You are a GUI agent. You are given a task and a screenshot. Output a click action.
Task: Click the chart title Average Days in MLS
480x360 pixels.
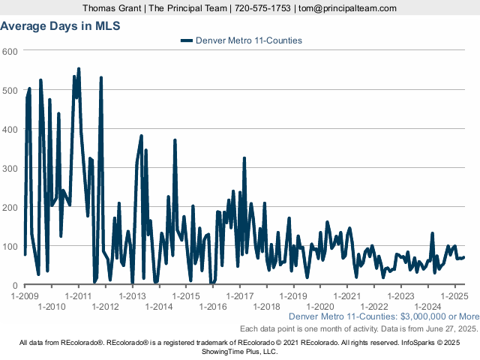(x=60, y=25)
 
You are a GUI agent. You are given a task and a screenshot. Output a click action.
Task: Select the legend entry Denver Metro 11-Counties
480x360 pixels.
(x=248, y=40)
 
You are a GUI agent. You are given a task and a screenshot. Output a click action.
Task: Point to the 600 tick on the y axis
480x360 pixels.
(x=10, y=51)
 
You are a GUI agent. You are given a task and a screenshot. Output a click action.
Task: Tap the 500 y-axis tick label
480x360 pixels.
(x=10, y=90)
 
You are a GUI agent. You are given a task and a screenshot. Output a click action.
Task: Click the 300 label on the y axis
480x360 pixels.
(x=10, y=168)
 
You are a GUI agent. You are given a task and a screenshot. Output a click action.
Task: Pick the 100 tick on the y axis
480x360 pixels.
(x=10, y=246)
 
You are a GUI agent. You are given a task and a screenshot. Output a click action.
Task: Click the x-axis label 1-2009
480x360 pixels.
(x=25, y=295)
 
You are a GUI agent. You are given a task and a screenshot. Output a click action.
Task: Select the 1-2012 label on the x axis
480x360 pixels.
(x=106, y=306)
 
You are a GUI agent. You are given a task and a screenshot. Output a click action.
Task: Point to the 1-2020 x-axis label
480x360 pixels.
(x=321, y=306)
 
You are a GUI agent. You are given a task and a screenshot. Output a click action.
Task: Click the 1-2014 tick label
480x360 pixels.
(x=160, y=306)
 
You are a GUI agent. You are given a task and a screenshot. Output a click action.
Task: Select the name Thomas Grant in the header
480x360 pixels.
(x=113, y=7)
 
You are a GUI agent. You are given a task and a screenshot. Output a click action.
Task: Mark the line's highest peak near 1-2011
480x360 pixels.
(x=79, y=69)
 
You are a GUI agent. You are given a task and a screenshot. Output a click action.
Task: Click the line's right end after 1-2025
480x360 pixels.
(x=464, y=257)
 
